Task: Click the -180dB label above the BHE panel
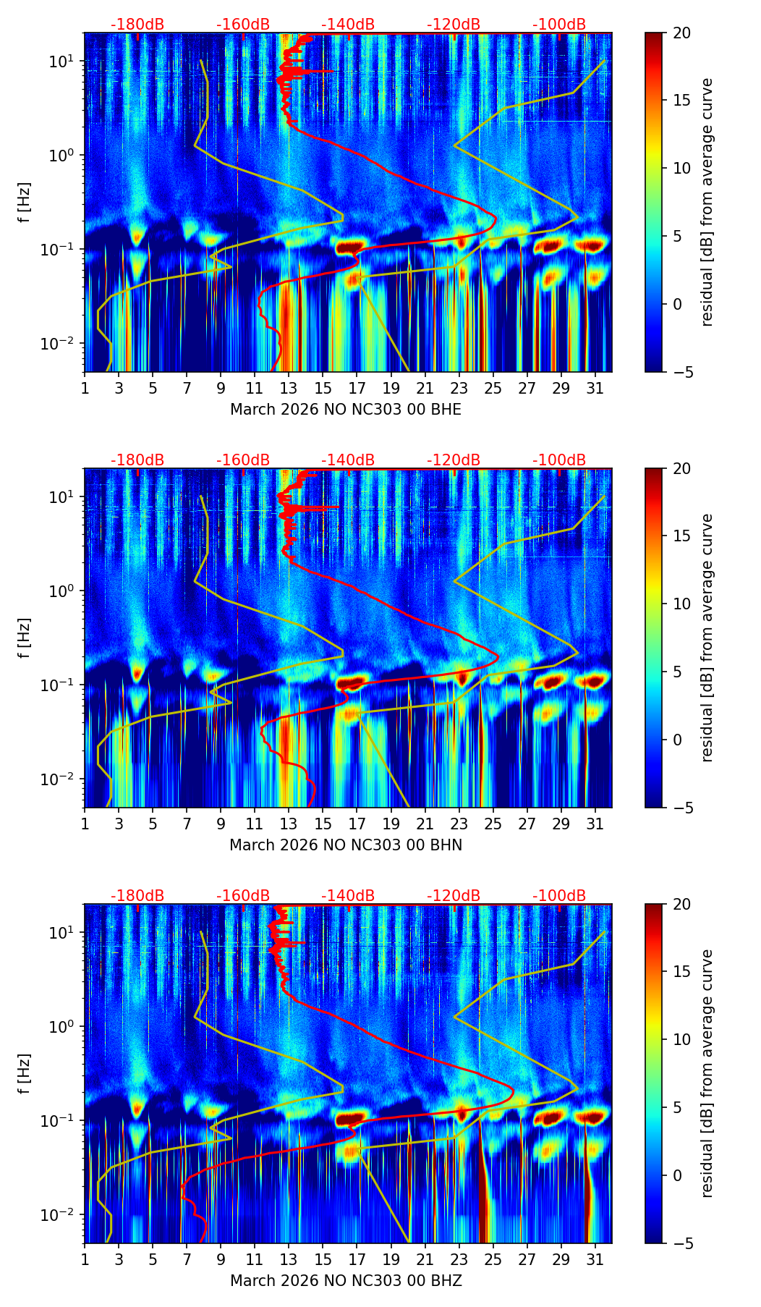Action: pos(137,25)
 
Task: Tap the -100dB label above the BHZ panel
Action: pos(559,896)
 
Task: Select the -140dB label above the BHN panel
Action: pos(348,460)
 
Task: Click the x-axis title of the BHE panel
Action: pos(346,410)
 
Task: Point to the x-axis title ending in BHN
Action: pos(346,845)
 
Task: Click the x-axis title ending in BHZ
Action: pos(346,1281)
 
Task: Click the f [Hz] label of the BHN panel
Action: pos(24,638)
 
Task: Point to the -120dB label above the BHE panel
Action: pos(454,25)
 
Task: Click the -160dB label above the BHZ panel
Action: pos(243,896)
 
